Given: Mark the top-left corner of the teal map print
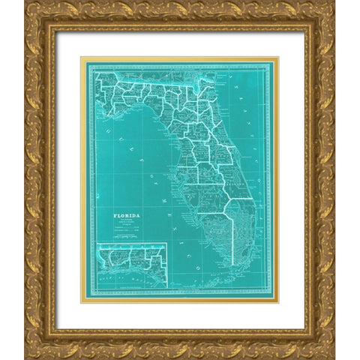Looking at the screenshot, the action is [x=83, y=59].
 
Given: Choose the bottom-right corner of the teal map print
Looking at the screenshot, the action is [x=275, y=301].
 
